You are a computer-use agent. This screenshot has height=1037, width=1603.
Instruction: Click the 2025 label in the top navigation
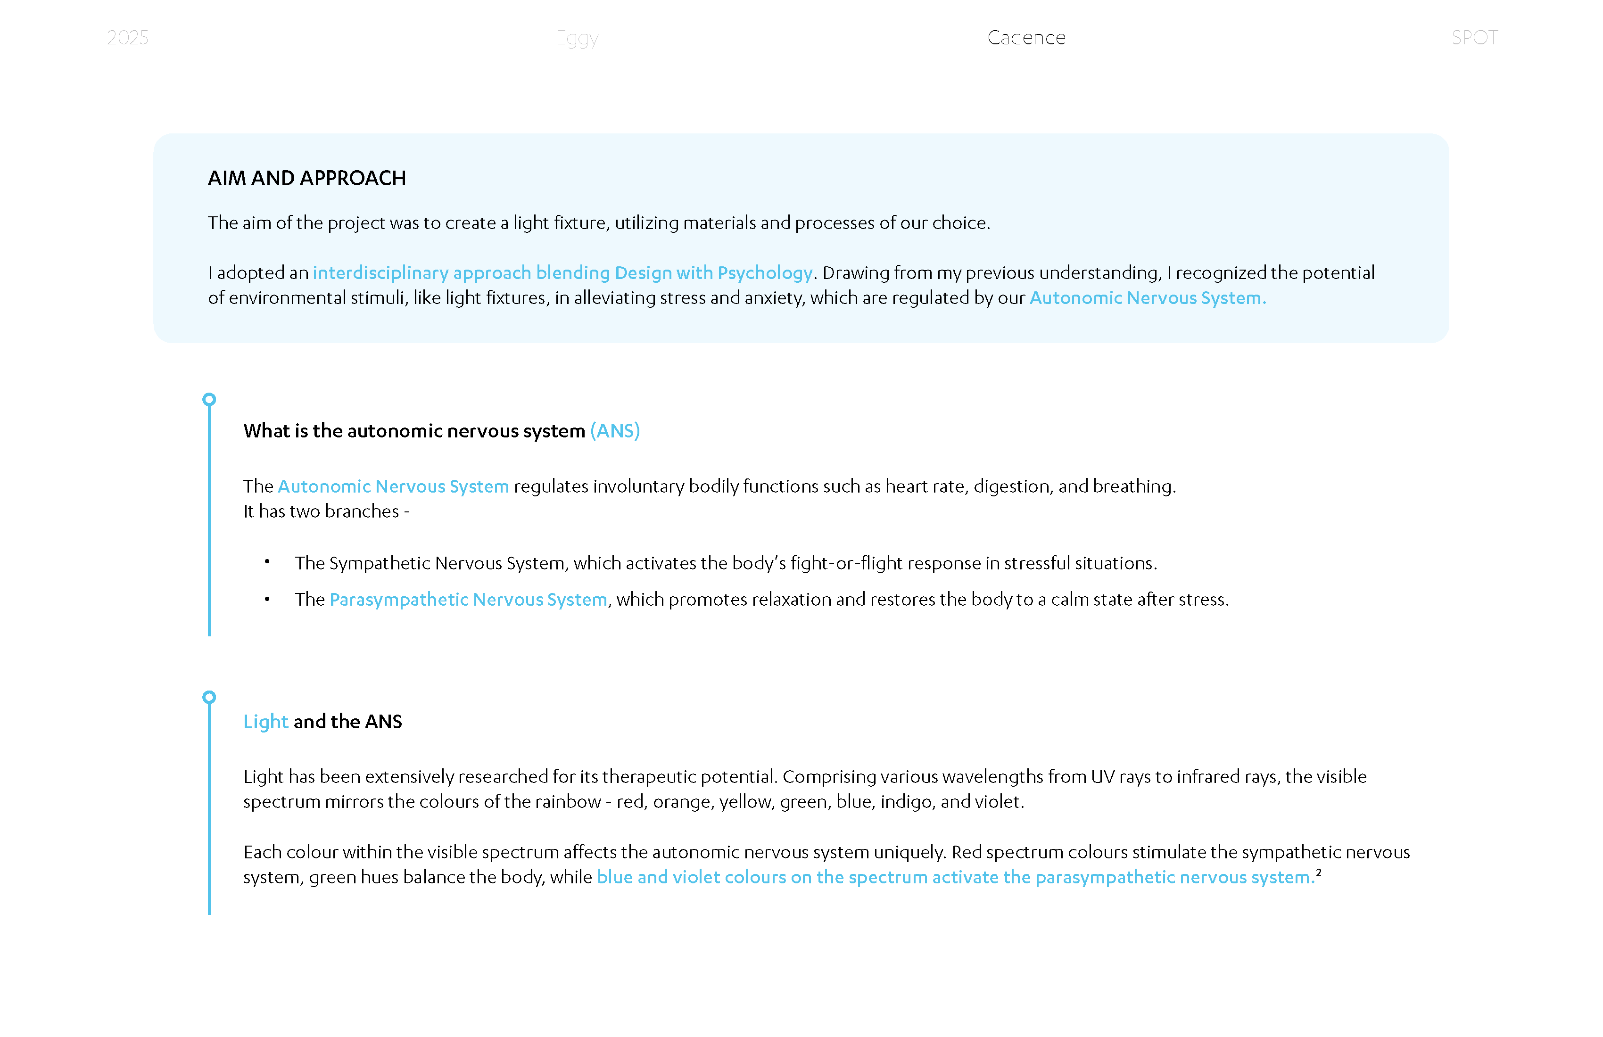[x=127, y=38]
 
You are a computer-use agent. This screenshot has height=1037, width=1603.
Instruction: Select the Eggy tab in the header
[x=577, y=38]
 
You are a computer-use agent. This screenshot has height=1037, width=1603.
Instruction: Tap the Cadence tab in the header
[x=1026, y=38]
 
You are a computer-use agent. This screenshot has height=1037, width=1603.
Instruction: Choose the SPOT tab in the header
[x=1474, y=38]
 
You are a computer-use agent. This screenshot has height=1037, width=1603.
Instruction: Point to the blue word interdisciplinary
[x=380, y=273]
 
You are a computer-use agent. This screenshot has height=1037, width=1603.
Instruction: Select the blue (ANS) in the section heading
[x=615, y=431]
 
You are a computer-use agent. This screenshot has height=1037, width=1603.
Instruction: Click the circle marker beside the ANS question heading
[x=209, y=399]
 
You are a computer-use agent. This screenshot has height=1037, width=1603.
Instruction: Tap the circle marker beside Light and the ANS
[x=209, y=697]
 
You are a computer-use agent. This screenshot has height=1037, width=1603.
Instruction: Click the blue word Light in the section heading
[x=265, y=722]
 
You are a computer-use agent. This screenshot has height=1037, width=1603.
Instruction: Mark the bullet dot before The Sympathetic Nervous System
[x=267, y=561]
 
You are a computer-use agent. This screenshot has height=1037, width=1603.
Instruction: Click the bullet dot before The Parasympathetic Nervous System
[x=267, y=599]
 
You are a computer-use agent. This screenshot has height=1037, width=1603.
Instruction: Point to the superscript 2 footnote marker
[x=1319, y=872]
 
